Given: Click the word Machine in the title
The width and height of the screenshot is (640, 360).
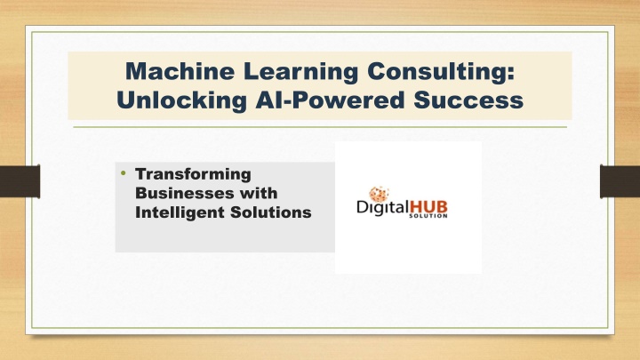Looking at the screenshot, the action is [180, 71].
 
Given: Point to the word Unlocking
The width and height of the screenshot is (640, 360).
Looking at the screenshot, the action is [181, 100].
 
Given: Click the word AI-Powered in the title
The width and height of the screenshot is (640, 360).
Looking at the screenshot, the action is [330, 100].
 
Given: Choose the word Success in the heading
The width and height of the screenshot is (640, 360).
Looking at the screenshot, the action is [468, 100].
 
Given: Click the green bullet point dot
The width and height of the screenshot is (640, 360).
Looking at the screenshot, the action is [124, 173].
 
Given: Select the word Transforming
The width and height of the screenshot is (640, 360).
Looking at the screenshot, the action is [193, 174].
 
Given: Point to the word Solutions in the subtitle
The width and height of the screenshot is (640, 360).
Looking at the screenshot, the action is [270, 212].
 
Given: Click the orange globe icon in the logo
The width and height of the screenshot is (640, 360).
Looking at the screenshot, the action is [380, 195].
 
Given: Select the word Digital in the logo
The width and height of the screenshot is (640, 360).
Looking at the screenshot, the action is [383, 207].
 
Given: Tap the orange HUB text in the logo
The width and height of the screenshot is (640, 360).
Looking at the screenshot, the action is [428, 206].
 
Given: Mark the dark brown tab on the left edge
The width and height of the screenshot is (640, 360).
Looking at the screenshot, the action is [20, 181].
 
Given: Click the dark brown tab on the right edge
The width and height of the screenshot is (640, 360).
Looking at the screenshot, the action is [620, 181].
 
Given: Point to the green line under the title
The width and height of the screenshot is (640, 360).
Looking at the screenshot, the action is [320, 127].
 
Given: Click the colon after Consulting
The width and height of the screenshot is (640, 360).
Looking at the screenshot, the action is [510, 72].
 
